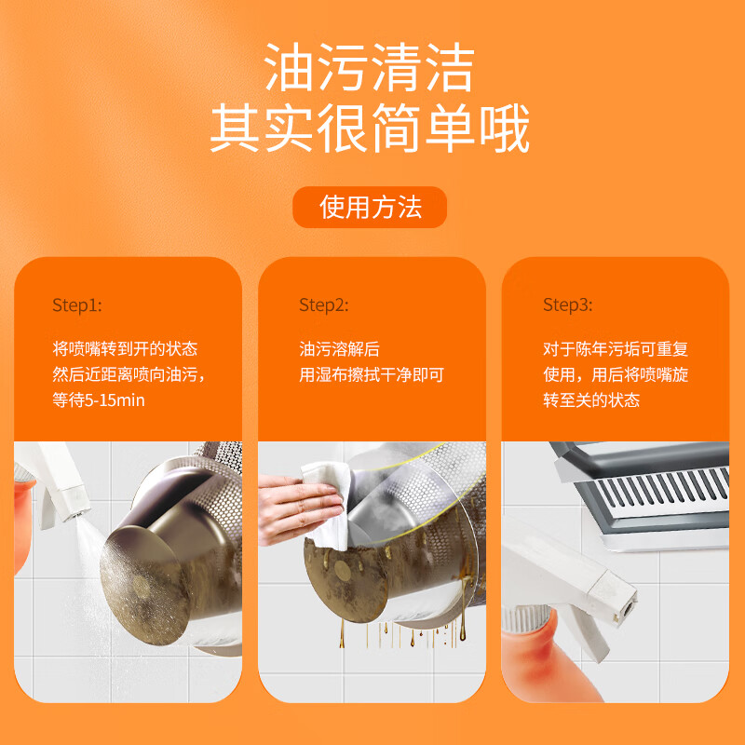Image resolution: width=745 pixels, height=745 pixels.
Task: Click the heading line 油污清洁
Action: click(x=369, y=67)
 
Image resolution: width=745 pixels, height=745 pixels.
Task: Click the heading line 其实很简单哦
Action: click(x=370, y=128)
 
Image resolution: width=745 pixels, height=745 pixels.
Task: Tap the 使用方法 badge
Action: click(x=370, y=207)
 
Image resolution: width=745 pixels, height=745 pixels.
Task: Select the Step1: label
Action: click(x=77, y=305)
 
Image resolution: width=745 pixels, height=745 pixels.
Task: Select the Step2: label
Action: click(x=323, y=305)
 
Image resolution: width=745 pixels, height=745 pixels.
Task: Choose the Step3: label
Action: click(x=568, y=305)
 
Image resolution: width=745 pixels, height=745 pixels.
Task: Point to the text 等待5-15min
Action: click(x=99, y=400)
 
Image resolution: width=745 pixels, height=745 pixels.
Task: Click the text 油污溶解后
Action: click(x=339, y=349)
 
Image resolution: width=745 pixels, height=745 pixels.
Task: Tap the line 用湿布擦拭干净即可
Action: click(x=371, y=375)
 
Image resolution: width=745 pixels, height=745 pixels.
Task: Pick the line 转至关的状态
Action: click(x=591, y=400)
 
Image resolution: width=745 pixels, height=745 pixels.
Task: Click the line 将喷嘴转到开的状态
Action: click(x=125, y=349)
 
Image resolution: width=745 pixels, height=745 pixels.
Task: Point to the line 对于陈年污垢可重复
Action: click(x=616, y=349)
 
